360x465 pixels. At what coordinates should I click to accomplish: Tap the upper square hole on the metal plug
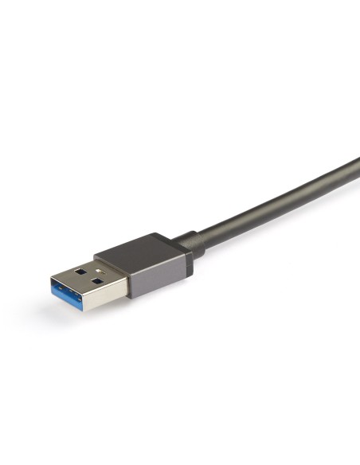point(80,270)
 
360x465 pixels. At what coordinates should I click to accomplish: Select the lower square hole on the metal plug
point(96,280)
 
